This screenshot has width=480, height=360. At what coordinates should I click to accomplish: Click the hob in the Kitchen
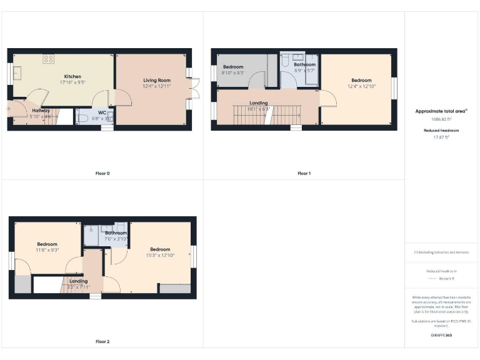(48, 59)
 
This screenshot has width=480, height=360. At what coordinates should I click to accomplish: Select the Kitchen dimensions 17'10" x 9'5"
(72, 82)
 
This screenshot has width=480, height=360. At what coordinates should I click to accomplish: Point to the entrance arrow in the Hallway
(8, 108)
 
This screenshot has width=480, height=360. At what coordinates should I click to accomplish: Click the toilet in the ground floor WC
(82, 117)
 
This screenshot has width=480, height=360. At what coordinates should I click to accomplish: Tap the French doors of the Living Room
(195, 89)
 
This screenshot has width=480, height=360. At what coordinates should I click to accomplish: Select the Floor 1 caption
(304, 173)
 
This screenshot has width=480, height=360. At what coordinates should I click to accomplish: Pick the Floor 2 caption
(102, 342)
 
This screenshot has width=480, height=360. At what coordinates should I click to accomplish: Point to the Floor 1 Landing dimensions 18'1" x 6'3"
(258, 109)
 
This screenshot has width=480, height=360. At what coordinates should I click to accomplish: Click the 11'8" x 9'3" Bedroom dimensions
(47, 250)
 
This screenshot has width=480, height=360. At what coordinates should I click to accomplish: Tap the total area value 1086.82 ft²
(441, 118)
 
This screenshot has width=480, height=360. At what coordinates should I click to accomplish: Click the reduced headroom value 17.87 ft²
(441, 137)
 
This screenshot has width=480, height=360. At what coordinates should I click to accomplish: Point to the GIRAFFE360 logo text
(441, 336)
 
